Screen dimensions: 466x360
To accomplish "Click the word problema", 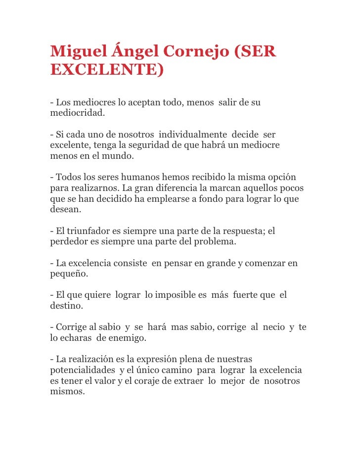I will pos(217,242).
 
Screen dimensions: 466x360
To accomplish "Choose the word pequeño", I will pos(69,274).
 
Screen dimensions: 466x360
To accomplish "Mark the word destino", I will pos(66,306).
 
